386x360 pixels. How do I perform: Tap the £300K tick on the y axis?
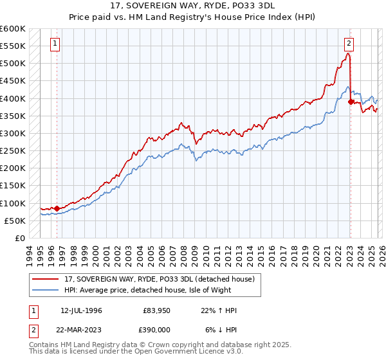tap(12, 133)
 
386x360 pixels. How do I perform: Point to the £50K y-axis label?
tap(14, 221)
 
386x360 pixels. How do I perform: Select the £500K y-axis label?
tap(12, 64)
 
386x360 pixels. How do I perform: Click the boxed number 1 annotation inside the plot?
tap(55, 44)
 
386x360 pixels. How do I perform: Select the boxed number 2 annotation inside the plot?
tap(348, 44)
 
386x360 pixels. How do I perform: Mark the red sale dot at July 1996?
tap(57, 208)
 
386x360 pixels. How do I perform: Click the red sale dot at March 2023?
tap(351, 102)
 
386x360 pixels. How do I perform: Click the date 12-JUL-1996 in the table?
tap(81, 310)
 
